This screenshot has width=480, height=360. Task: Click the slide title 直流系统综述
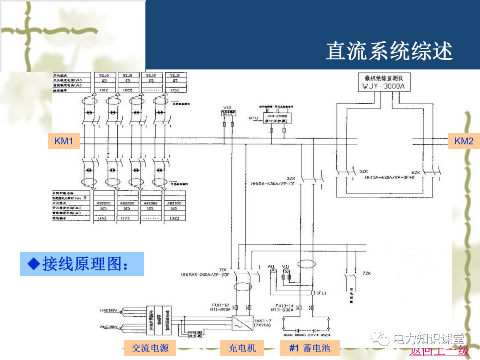389,52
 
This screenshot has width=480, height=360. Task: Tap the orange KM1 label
64,141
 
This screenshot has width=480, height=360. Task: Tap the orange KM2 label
464,141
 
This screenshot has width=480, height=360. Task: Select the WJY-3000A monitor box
384,82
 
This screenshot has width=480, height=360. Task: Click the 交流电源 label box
150,348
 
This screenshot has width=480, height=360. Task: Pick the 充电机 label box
242,348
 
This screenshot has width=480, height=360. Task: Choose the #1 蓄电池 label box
309,348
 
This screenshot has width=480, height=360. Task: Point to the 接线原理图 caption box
82,264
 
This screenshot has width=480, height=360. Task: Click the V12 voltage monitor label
228,108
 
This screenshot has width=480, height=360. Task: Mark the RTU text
253,118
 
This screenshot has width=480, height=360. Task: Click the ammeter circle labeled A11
274,270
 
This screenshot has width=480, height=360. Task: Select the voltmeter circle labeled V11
286,270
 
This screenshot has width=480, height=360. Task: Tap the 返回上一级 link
439,351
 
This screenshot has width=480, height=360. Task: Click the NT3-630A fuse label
282,310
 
